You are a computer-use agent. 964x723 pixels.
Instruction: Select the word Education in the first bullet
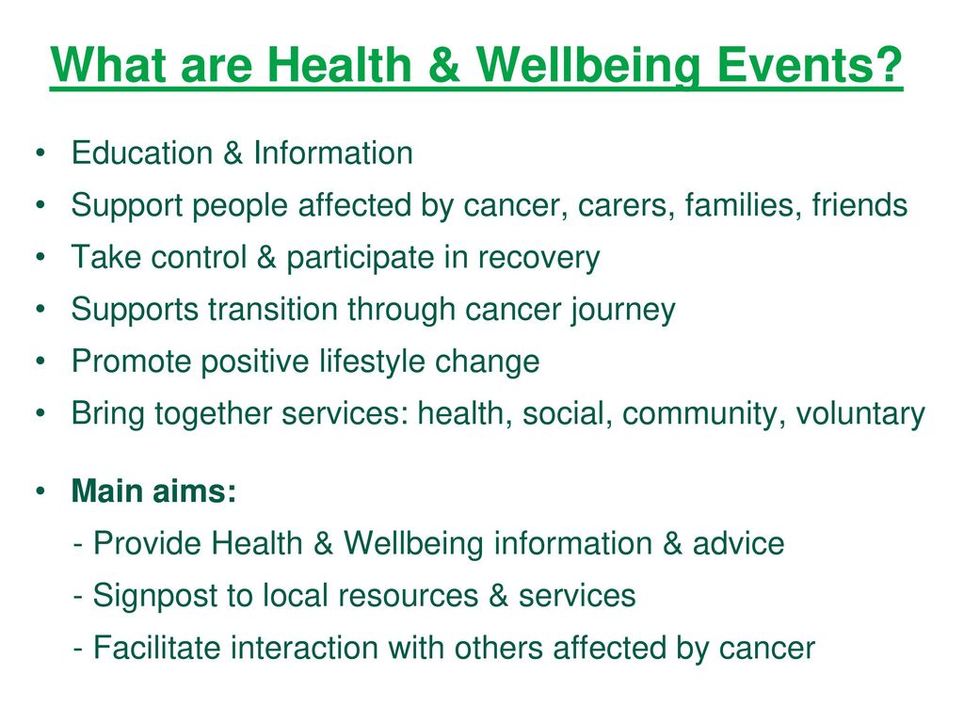click(x=142, y=153)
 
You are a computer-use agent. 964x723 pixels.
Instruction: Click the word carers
click(x=623, y=204)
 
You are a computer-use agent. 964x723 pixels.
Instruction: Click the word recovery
click(x=538, y=258)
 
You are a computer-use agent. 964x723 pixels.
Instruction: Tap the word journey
click(x=623, y=309)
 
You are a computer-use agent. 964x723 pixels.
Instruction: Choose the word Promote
click(x=131, y=361)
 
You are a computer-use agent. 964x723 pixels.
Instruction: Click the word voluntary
click(x=860, y=413)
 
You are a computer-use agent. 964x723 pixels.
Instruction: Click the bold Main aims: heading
click(x=153, y=490)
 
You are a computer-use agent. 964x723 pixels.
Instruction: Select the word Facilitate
click(x=157, y=648)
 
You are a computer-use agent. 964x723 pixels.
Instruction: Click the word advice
click(x=738, y=543)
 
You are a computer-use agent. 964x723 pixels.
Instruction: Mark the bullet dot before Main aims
click(x=40, y=491)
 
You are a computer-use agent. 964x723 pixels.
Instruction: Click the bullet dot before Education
click(x=40, y=153)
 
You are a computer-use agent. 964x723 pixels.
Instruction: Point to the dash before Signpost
click(x=77, y=597)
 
